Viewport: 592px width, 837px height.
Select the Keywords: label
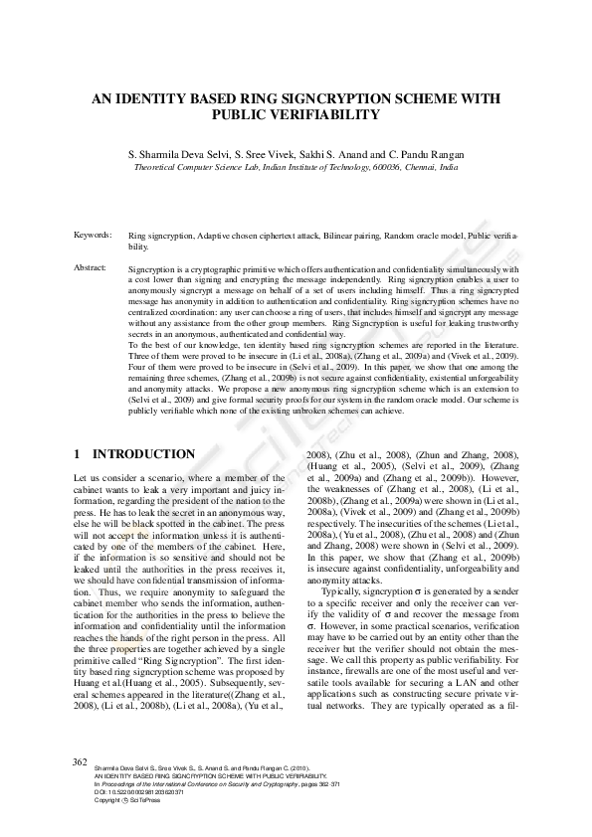(x=93, y=235)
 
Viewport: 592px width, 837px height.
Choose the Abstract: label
(x=91, y=268)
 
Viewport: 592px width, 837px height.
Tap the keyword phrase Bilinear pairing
(x=341, y=235)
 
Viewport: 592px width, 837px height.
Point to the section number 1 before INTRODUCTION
(x=78, y=453)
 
